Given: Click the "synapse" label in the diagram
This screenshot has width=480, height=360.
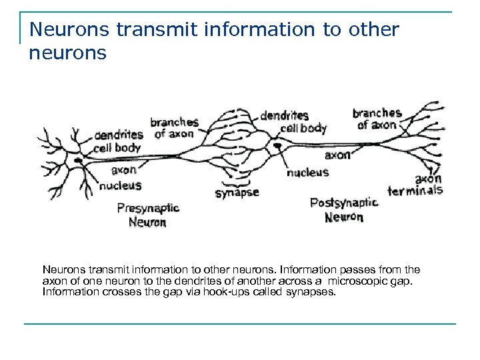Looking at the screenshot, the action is coord(237,193).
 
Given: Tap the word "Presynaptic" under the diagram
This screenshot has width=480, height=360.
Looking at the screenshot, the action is coord(148,208).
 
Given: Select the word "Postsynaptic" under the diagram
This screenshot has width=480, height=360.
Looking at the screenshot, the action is coord(343,203).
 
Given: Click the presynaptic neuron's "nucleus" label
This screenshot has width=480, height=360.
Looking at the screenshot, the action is coord(121,185).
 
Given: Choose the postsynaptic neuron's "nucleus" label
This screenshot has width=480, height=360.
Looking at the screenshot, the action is coord(307,172).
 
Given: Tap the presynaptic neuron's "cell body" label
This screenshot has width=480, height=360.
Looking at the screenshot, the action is coord(117,148).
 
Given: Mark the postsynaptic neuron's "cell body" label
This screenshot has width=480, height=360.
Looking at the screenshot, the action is coord(303,128).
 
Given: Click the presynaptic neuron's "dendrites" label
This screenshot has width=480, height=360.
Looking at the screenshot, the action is coord(118,135).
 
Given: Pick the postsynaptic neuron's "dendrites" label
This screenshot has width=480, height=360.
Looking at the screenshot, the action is coord(284,115).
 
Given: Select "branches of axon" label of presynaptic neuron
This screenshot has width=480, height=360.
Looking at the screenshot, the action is coord(174,128).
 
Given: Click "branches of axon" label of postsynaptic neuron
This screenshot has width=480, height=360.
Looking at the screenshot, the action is coord(377,119).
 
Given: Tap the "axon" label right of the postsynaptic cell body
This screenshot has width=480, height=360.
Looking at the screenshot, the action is coord(337,155).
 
